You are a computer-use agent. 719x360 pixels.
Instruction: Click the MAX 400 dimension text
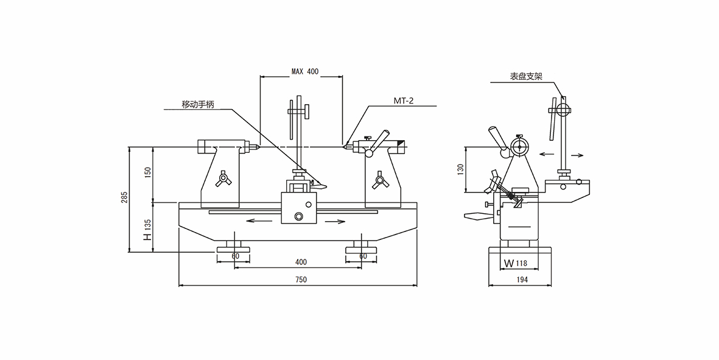pos(304,71)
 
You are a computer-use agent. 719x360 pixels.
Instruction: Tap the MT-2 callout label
pos(403,101)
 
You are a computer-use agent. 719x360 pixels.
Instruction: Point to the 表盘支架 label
pos(526,77)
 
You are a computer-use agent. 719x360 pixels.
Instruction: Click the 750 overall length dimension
pos(301,280)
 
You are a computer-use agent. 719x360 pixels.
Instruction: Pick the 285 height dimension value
pos(124,197)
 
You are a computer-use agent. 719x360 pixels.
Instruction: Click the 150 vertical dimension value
pos(147,173)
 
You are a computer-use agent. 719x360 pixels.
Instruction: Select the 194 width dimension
pos(521,280)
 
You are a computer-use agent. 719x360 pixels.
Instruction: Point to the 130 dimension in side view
pos(460,169)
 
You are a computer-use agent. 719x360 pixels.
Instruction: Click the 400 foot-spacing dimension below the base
pos(301,262)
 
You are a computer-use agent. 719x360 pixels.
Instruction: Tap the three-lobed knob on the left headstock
pos(223,180)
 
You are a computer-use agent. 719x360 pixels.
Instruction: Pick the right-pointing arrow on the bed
pos(335,221)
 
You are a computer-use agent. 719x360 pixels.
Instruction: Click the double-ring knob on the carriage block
pos(298,217)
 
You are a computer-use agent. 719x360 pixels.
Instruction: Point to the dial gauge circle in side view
pos(519,147)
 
